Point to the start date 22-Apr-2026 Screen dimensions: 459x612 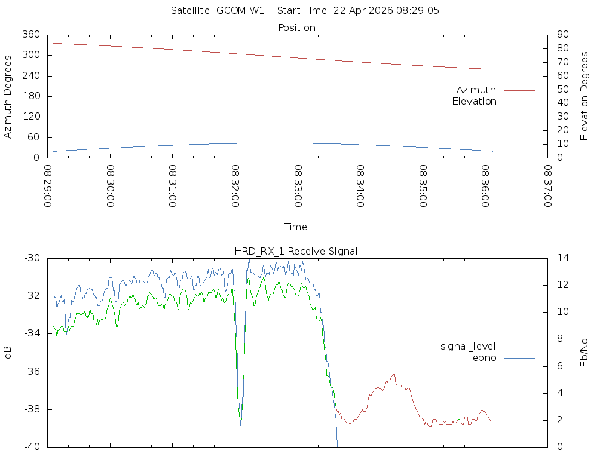click(354, 11)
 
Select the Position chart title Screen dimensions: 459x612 click(297, 27)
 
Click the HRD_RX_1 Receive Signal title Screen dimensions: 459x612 click(296, 251)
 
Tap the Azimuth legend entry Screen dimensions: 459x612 click(476, 90)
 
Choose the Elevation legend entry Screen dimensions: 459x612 click(474, 102)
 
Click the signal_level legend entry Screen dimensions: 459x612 click(468, 346)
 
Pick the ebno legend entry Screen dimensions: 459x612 click(484, 357)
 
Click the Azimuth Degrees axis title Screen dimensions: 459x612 click(8, 96)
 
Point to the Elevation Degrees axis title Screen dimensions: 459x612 click(585, 96)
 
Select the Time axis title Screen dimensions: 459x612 click(296, 227)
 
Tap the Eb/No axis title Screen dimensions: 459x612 click(585, 353)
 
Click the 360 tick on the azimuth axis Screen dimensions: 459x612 click(31, 35)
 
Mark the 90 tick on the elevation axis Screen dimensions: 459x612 click(561, 35)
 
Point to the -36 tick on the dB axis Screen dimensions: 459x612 click(32, 371)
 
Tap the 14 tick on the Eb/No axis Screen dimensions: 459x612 click(562, 258)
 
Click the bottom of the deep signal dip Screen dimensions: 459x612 click(241, 425)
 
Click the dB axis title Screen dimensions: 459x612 click(8, 353)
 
